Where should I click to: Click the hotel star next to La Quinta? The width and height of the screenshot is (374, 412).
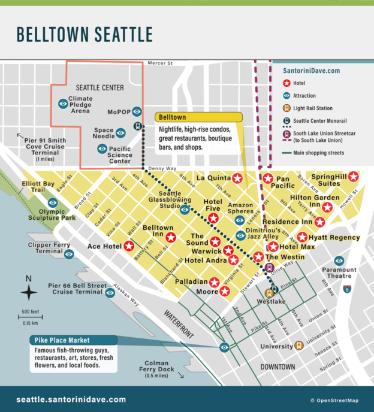tap(237, 178)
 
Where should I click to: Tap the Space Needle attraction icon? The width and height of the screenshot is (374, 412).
tap(121, 132)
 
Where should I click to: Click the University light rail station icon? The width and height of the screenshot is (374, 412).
tap(298, 346)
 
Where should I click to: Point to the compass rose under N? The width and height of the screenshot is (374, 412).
tap(28, 293)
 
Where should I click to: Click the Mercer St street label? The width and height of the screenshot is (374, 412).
tap(161, 63)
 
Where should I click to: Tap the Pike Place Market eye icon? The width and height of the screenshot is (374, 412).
tap(225, 347)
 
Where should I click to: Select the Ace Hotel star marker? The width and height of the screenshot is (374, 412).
tap(129, 246)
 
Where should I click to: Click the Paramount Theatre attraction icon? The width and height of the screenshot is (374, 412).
tap(339, 260)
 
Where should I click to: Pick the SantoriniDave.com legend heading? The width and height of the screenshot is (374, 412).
tap(311, 71)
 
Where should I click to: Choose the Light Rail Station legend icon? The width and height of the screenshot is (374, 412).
tap(288, 108)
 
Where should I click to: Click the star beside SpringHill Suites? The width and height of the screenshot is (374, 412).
tap(354, 177)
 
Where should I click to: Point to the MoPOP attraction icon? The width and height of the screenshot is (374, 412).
tap(137, 111)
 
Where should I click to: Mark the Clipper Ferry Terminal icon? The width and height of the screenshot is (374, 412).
tap(70, 254)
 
